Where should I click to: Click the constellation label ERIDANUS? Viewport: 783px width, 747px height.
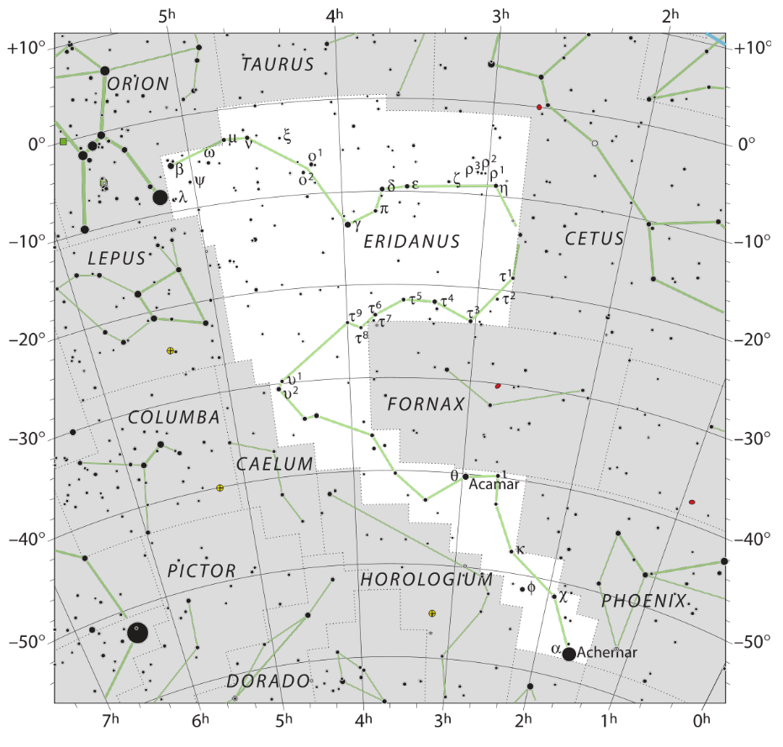pos(412,242)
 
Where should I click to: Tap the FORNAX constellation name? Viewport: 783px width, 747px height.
pos(426,405)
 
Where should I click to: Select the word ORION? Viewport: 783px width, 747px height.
pos(138,84)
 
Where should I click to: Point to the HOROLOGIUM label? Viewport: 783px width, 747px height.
pos(426,580)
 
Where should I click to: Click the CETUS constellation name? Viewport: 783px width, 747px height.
pos(595,239)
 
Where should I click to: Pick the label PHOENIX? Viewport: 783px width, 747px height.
pos(643,601)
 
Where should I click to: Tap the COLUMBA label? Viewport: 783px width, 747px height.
pos(174,418)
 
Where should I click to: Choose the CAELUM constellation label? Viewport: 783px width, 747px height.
pos(274,464)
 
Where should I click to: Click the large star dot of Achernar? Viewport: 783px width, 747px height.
pos(569,654)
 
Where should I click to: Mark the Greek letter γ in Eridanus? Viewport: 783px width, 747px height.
pos(357,226)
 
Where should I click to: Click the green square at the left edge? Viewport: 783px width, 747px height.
pos(63,142)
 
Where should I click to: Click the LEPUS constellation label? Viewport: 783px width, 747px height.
pos(116,259)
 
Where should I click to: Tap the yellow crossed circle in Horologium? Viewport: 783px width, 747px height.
pos(432,614)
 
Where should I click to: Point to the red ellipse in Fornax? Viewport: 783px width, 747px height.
pos(498,386)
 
